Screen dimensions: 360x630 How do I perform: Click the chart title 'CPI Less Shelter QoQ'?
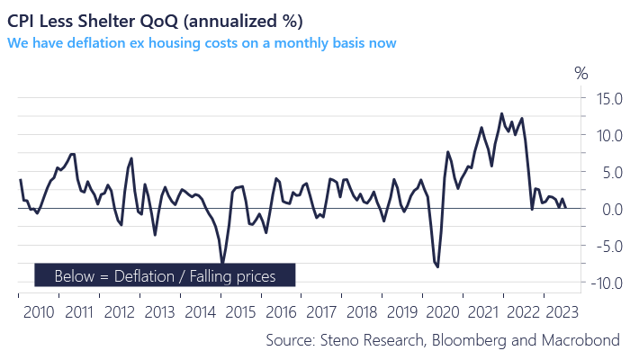tap(152, 20)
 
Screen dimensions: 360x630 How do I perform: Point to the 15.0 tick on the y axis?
tap(603, 98)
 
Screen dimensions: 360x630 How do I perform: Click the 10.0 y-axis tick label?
tap(603, 135)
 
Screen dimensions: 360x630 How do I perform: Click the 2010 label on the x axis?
tap(39, 312)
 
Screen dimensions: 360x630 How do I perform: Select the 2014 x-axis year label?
tap(200, 312)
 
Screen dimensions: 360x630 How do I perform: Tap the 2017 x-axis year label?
tap(320, 312)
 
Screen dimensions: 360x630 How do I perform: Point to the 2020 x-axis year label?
tap(441, 312)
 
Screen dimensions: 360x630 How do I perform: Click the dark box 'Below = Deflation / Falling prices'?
tap(166, 275)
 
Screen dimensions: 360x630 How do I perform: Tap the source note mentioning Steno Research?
tap(443, 339)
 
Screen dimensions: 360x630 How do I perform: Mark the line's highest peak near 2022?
tap(501, 113)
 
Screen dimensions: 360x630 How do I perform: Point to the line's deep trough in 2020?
tap(437, 267)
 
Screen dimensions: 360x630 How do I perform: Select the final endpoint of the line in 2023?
tap(565, 208)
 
